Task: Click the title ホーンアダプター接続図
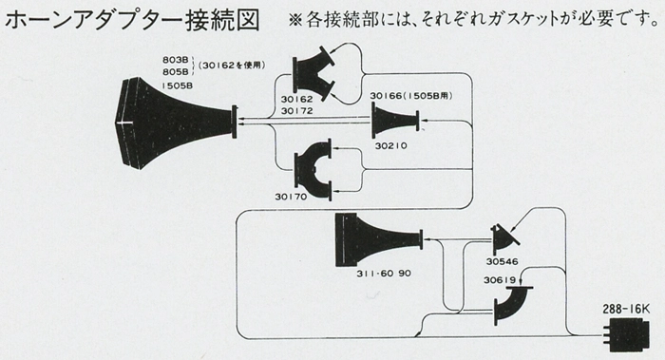click(x=131, y=20)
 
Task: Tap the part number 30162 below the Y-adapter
click(x=296, y=99)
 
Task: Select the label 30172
click(x=296, y=111)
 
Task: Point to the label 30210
click(x=391, y=145)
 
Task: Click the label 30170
click(x=291, y=197)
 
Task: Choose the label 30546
click(x=503, y=261)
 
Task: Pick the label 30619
click(x=500, y=280)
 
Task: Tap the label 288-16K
click(x=626, y=310)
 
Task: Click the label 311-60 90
click(x=384, y=274)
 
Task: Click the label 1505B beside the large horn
click(x=178, y=85)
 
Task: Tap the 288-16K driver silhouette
click(x=626, y=334)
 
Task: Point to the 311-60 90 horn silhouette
click(x=373, y=239)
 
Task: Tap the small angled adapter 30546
click(x=503, y=239)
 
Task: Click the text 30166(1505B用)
click(x=411, y=96)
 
